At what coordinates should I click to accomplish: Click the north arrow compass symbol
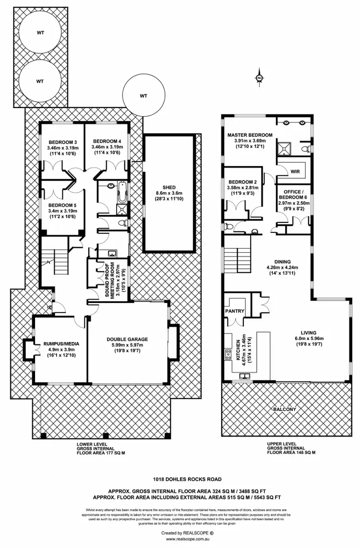point(259,78)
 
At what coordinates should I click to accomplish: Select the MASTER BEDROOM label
point(250,135)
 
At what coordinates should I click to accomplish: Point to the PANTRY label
point(235,311)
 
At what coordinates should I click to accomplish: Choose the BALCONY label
point(285,409)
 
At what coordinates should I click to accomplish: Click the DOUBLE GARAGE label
point(127,340)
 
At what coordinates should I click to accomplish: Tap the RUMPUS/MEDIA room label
point(61,343)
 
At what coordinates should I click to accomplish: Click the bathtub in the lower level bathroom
point(121,193)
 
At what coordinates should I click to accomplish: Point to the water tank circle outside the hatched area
point(143,96)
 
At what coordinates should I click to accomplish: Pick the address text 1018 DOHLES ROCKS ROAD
point(180,478)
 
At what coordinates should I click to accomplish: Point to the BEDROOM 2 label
point(242,182)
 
